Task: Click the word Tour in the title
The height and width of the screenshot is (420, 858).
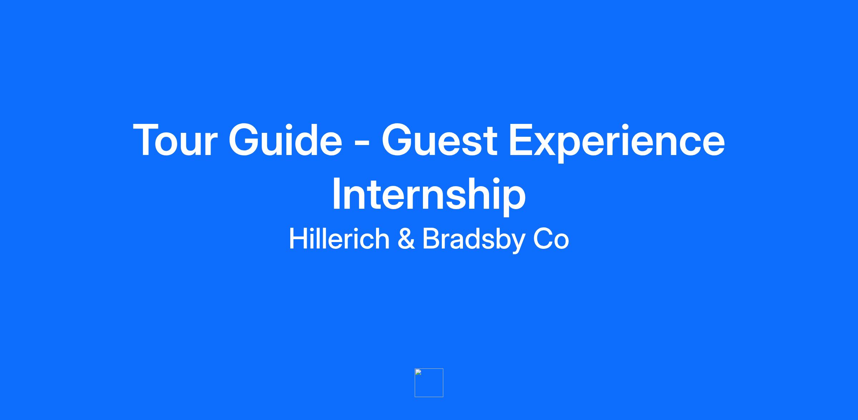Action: tap(175, 140)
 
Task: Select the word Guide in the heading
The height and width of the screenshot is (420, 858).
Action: tap(285, 140)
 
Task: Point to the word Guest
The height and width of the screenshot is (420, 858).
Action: tap(439, 140)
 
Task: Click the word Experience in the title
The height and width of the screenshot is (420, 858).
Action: tap(617, 143)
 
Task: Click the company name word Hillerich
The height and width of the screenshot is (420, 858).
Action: tap(339, 238)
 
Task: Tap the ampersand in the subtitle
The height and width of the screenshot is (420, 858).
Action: tap(406, 239)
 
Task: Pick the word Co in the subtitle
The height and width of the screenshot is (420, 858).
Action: tap(551, 239)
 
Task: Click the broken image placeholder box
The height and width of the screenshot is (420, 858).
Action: tap(429, 383)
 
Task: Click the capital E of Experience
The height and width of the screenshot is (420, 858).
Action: tap(521, 140)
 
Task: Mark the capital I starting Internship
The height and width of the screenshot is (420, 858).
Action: tap(336, 194)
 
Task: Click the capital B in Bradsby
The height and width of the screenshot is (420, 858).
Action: tap(431, 238)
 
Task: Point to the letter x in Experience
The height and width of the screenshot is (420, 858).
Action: tap(548, 144)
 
